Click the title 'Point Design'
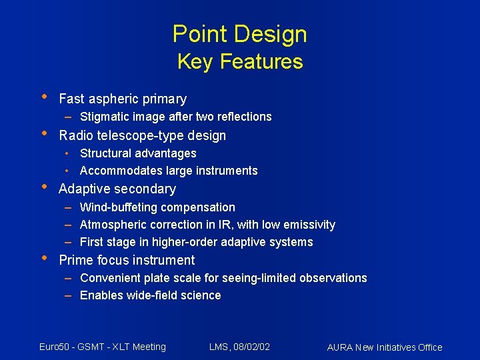pos(239,34)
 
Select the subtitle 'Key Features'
pos(239,62)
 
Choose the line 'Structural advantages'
pos(138,153)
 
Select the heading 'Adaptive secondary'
pos(117,189)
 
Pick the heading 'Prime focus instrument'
pos(127,261)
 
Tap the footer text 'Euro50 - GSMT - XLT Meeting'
pos(103,347)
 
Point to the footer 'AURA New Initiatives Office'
pos(385,347)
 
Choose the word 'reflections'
pos(241,117)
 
